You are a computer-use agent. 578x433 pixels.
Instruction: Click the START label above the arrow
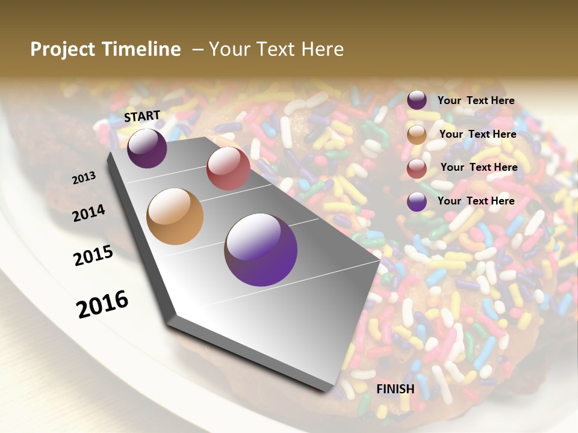pyautogui.click(x=142, y=116)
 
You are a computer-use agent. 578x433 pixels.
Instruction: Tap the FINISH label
pyautogui.click(x=395, y=389)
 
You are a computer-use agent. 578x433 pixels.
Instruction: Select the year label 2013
pyautogui.click(x=84, y=178)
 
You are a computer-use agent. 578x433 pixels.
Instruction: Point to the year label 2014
pyautogui.click(x=89, y=213)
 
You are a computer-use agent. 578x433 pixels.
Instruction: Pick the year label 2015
pyautogui.click(x=93, y=256)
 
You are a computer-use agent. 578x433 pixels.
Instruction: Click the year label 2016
pyautogui.click(x=102, y=304)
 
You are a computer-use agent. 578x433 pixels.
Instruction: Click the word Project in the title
pyautogui.click(x=63, y=49)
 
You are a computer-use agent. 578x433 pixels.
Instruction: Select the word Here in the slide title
pyautogui.click(x=322, y=49)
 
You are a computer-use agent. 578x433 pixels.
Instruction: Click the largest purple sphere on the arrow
pyautogui.click(x=261, y=250)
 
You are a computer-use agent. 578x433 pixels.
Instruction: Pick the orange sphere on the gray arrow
pyautogui.click(x=175, y=216)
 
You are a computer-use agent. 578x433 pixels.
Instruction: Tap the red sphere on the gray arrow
pyautogui.click(x=228, y=168)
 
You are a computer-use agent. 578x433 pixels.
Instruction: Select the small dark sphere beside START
pyautogui.click(x=147, y=148)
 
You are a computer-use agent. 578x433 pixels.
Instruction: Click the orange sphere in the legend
pyautogui.click(x=417, y=135)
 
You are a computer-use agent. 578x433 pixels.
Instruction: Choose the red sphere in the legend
pyautogui.click(x=417, y=169)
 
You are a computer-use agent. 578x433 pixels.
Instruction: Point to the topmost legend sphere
pyautogui.click(x=417, y=100)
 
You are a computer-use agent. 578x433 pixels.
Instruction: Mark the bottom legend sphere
pyautogui.click(x=417, y=202)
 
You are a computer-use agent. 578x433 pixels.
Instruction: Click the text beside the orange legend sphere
pyautogui.click(x=477, y=134)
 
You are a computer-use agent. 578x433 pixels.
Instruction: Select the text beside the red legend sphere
pyautogui.click(x=479, y=167)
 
